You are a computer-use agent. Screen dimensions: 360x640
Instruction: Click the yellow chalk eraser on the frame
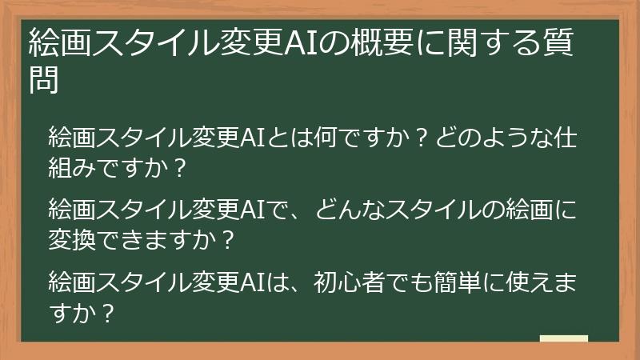[563, 340]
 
